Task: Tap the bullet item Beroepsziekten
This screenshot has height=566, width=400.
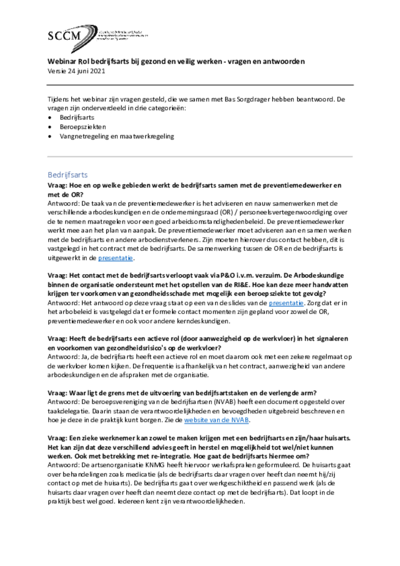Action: pyautogui.click(x=83, y=127)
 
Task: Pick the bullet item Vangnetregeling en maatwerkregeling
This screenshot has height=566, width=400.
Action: pyautogui.click(x=117, y=135)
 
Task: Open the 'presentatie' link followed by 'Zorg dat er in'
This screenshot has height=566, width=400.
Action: pyautogui.click(x=286, y=302)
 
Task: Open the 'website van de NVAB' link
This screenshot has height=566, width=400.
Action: pyautogui.click(x=216, y=420)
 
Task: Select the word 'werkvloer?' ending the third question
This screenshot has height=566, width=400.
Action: pyautogui.click(x=201, y=347)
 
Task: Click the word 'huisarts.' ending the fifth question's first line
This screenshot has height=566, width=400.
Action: pyautogui.click(x=336, y=438)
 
